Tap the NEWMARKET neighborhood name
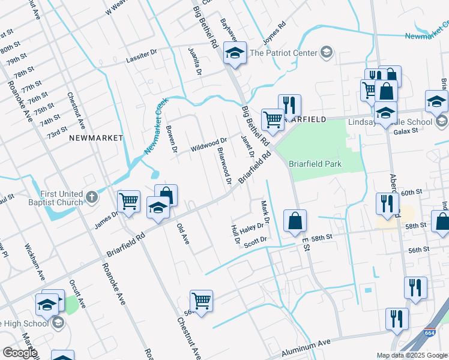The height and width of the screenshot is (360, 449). tap(96, 138)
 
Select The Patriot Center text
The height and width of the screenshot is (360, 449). tap(283, 53)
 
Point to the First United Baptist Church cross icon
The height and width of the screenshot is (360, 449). tap(91, 196)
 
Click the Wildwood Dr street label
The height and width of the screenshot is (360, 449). tap(208, 144)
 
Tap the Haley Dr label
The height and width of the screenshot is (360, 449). tap(252, 228)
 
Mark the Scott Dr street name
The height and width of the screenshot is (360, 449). tap(255, 240)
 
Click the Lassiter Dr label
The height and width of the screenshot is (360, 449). tap(141, 57)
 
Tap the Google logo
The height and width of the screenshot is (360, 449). tap(19, 352)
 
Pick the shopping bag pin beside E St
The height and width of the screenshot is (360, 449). tap(295, 221)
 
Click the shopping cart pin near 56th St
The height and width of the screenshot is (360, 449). tap(201, 301)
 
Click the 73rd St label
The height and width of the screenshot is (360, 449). tap(58, 131)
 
